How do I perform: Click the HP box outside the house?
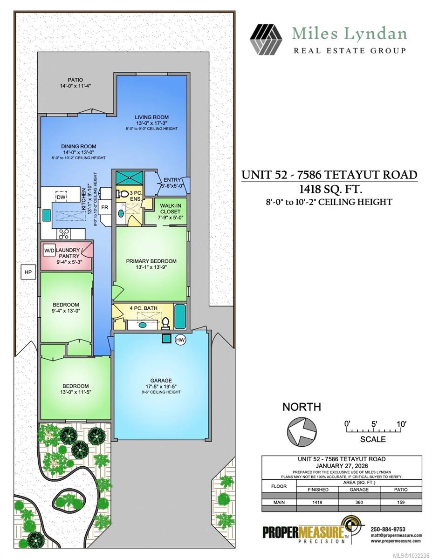click(x=27, y=272)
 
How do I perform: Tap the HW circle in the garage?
click(x=180, y=341)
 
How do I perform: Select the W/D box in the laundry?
click(x=49, y=251)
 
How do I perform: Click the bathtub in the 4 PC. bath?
click(x=180, y=316)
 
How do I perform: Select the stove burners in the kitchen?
click(x=62, y=234)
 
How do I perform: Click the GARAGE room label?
click(x=161, y=380)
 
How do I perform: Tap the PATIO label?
click(x=75, y=80)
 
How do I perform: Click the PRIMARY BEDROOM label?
click(x=151, y=261)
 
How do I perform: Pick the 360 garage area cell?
click(x=362, y=503)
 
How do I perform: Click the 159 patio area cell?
click(x=401, y=503)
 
